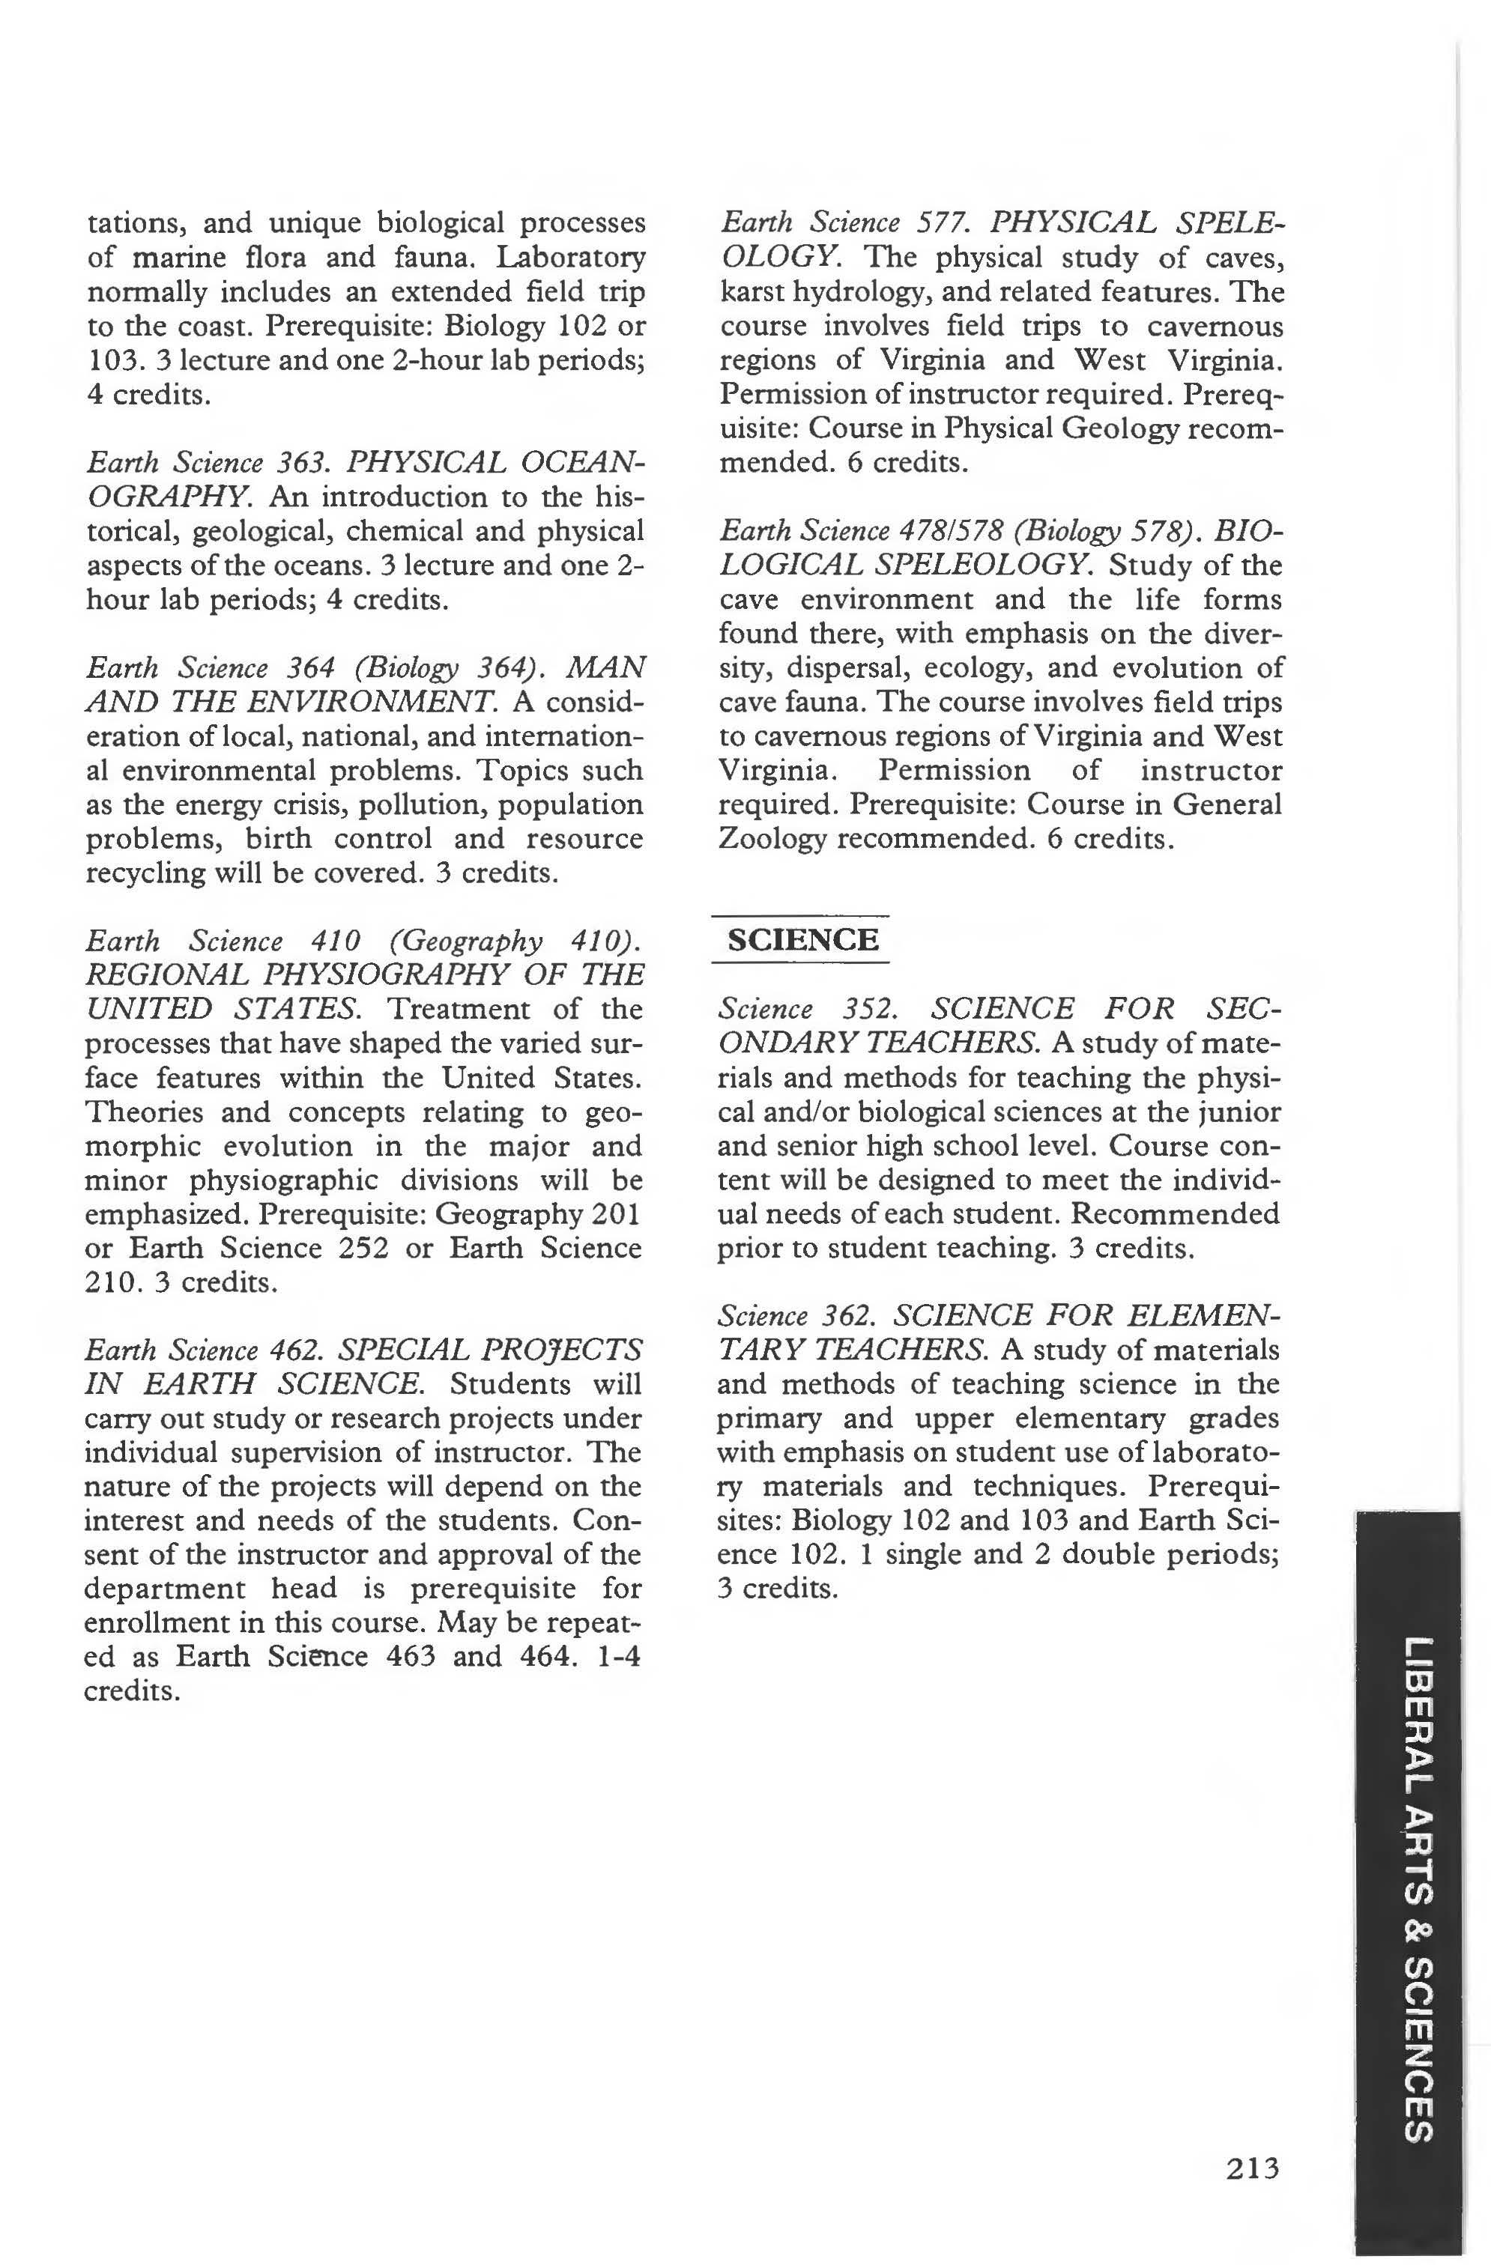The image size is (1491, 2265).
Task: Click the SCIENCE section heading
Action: (802, 939)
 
